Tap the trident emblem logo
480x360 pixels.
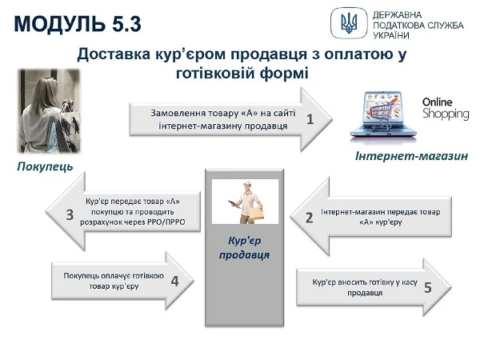pyautogui.click(x=350, y=22)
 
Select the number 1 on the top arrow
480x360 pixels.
pyautogui.click(x=310, y=120)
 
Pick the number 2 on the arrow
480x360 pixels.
pyautogui.click(x=309, y=217)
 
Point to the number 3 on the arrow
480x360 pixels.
pyautogui.click(x=70, y=214)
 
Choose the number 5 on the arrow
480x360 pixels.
pyautogui.click(x=427, y=286)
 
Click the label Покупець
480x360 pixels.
pyautogui.click(x=45, y=167)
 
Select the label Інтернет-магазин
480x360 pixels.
pyautogui.click(x=411, y=157)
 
